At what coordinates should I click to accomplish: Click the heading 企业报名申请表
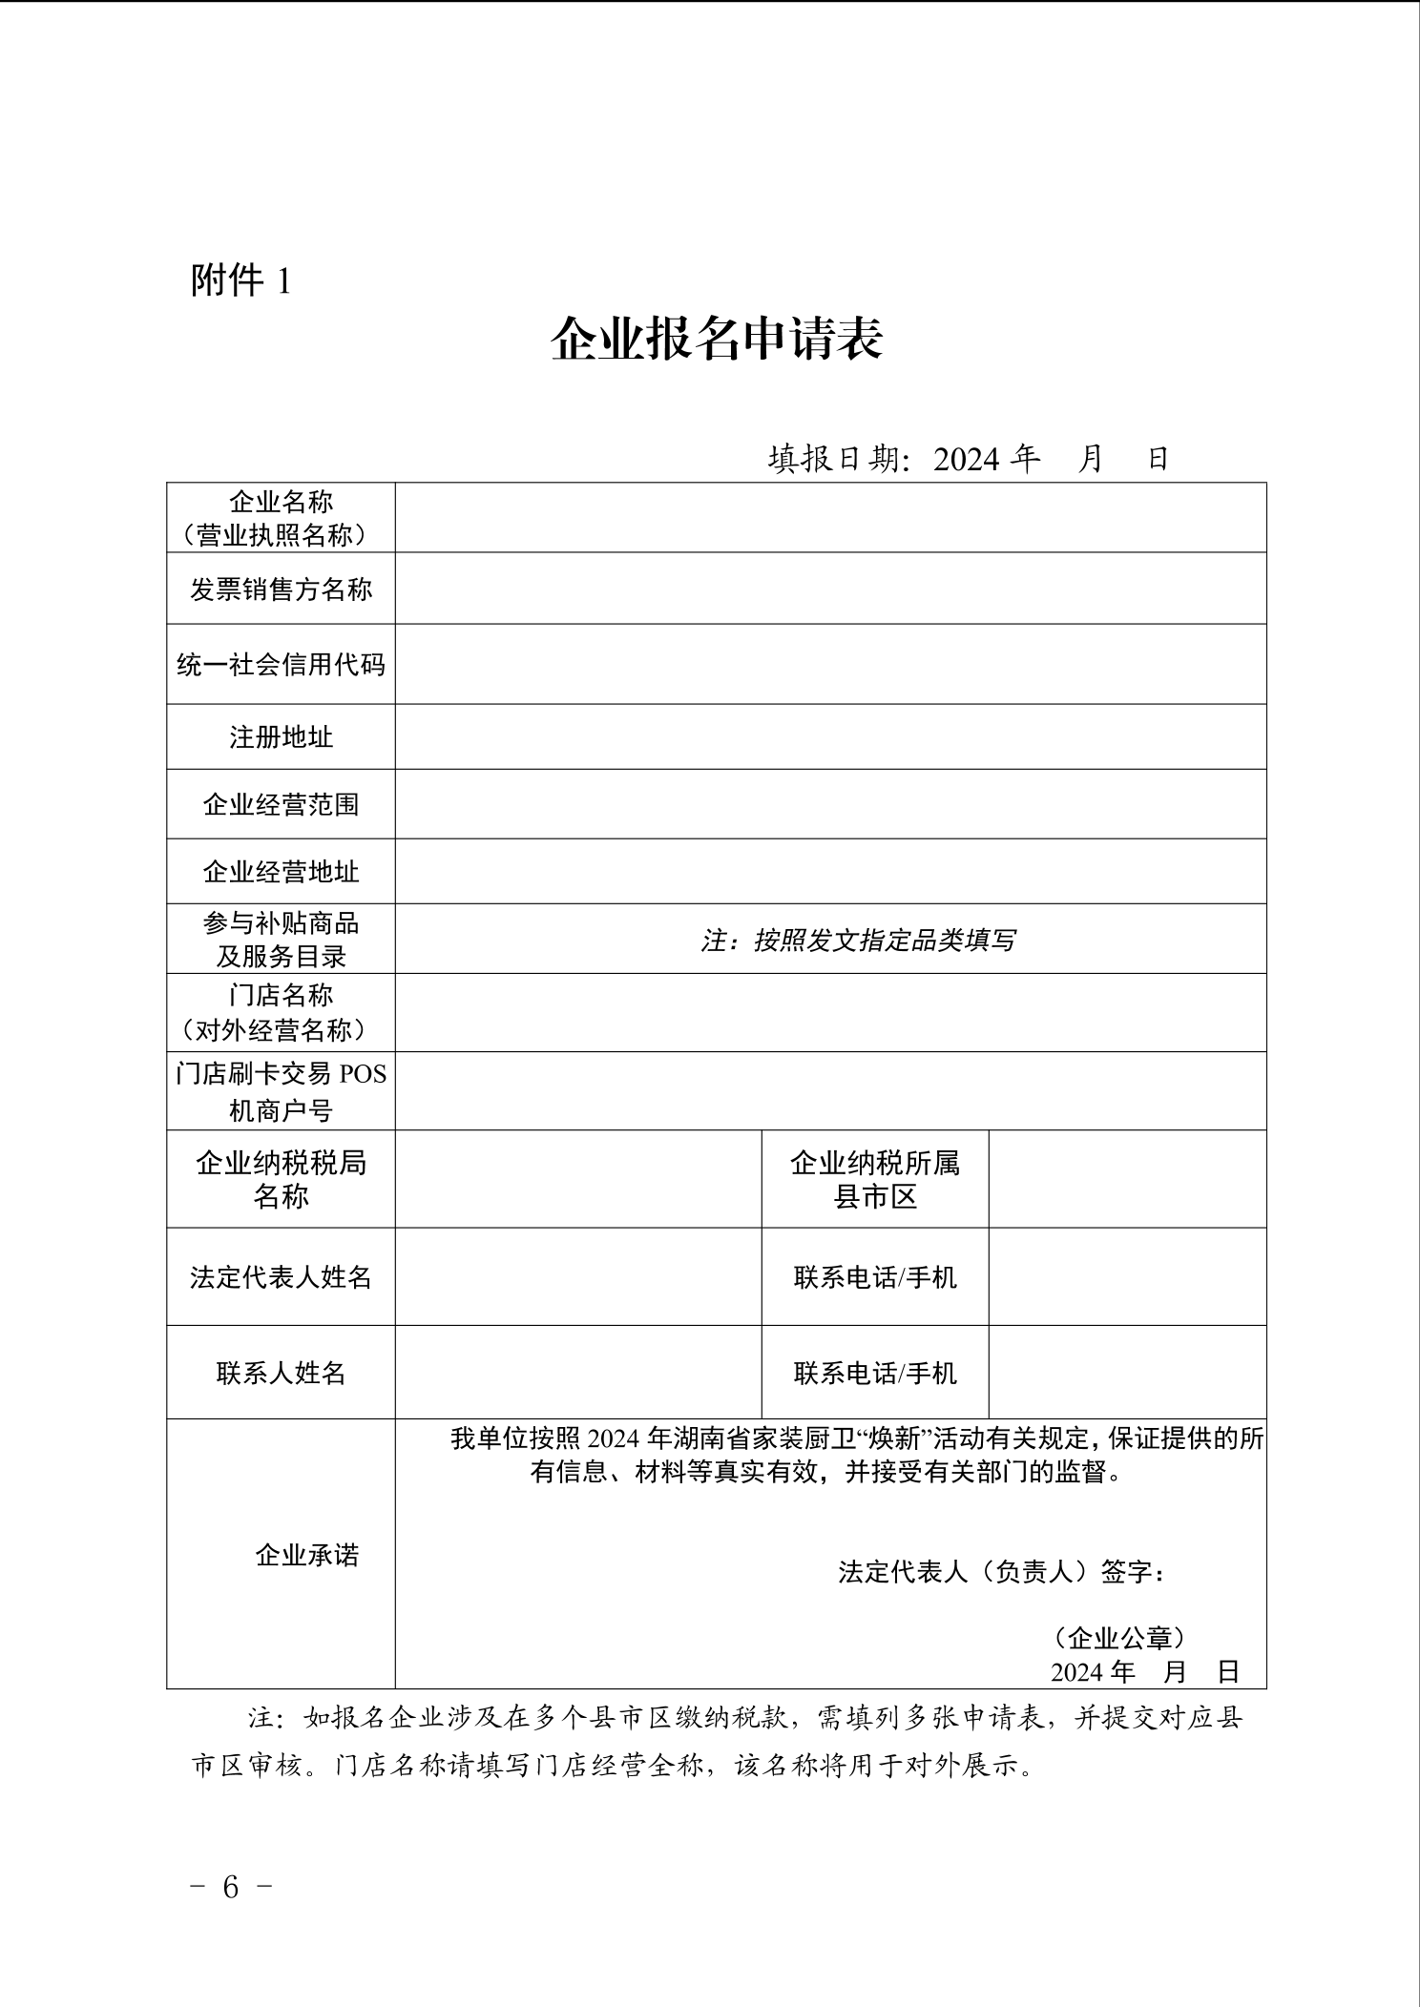(717, 339)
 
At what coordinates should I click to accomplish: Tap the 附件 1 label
(240, 280)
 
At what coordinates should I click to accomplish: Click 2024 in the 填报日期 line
(966, 460)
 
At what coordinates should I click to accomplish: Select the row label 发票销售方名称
(281, 590)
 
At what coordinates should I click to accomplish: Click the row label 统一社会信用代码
(281, 665)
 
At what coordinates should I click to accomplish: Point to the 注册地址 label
(281, 737)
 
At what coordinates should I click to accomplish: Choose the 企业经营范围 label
(281, 805)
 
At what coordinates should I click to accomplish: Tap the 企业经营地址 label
(281, 872)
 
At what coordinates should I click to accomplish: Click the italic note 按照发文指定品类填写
(884, 941)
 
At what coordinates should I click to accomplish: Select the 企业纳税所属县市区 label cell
(875, 1179)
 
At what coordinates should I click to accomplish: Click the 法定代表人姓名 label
(281, 1277)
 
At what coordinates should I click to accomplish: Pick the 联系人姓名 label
(281, 1373)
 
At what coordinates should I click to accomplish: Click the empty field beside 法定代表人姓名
(578, 1277)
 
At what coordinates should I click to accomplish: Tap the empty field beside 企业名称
(830, 518)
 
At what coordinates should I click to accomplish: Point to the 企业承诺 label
(306, 1556)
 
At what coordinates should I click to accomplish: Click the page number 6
(230, 1887)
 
